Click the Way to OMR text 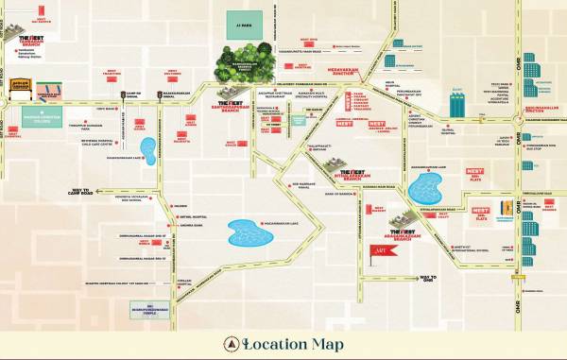coord(427,278)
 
